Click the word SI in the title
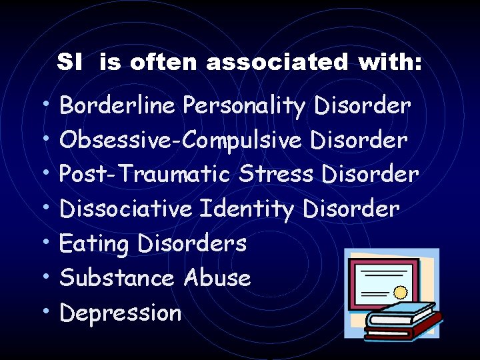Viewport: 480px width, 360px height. coord(69,63)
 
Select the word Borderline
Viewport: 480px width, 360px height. coord(117,105)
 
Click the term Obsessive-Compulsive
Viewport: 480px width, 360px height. coord(181,141)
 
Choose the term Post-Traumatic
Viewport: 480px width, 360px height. coord(145,175)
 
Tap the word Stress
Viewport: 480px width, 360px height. coord(275,175)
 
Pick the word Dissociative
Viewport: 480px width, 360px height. coord(126,209)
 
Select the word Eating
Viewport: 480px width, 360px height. coord(94,244)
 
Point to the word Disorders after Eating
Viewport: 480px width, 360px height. coord(192,243)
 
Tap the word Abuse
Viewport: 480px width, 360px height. coord(217,278)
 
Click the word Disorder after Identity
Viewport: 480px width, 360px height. coord(351,209)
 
